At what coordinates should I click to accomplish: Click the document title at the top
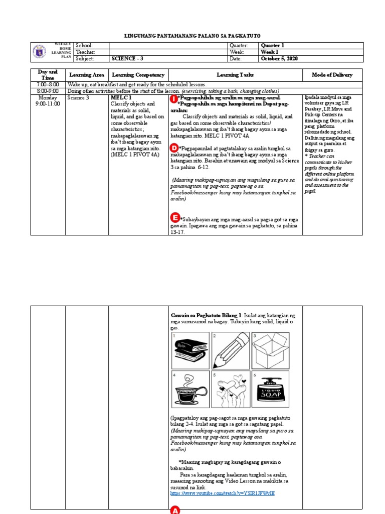tap(192, 37)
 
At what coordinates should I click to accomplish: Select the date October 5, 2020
tap(279, 59)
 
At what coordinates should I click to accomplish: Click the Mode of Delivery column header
tap(332, 75)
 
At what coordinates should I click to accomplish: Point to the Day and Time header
tap(48, 75)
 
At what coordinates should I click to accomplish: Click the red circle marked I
tap(173, 99)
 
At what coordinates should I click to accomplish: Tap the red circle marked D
tap(174, 148)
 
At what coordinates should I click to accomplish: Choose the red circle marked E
tap(175, 217)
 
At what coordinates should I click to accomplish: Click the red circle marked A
tap(175, 509)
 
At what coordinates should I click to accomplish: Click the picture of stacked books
tap(189, 350)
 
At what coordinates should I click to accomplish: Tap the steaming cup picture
tap(189, 390)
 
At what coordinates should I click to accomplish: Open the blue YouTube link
tap(223, 493)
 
